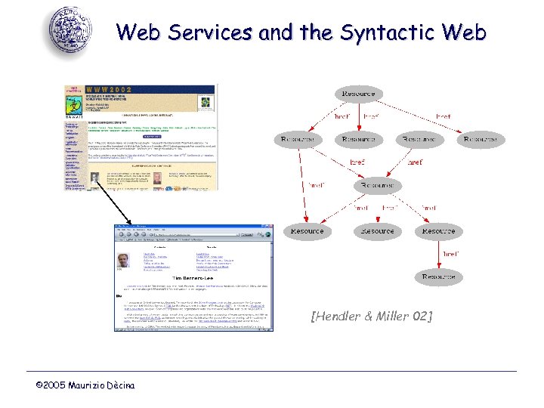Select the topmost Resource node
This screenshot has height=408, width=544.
[359, 94]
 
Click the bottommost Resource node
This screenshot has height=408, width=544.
[438, 277]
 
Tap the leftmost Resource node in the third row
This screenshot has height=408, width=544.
[308, 231]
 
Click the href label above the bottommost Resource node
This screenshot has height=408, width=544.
[451, 254]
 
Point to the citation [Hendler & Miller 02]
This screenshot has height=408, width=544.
[372, 317]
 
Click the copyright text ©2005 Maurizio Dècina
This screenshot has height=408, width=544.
[85, 386]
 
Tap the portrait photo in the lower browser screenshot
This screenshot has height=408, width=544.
[123, 261]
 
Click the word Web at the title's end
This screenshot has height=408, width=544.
[461, 32]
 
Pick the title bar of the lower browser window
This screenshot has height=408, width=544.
[193, 227]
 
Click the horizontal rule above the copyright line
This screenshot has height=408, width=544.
[272, 371]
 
